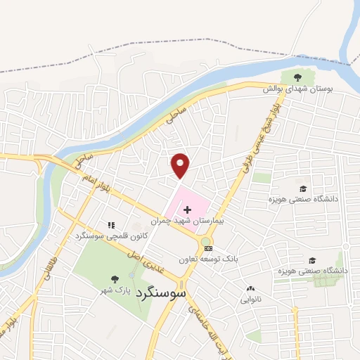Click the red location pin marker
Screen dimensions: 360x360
[181, 165]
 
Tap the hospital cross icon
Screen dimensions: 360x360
[187, 209]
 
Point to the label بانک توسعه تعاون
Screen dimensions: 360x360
[211, 259]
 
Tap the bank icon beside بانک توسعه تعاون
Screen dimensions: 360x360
[207, 248]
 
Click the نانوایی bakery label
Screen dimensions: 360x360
[251, 300]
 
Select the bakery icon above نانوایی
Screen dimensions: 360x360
[251, 288]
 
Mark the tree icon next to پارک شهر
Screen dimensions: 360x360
[115, 279]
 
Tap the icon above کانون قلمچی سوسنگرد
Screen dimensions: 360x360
[110, 225]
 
